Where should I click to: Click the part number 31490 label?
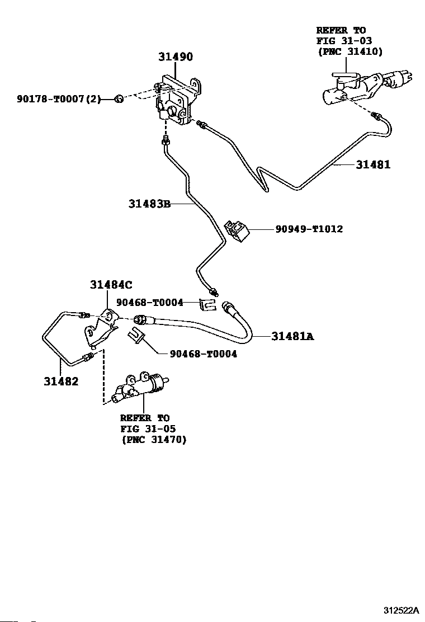pos(175,57)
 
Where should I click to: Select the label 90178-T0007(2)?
pos(58,100)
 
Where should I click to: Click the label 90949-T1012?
pos(309,229)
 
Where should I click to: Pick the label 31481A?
pos(292,336)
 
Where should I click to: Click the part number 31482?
pos(61,381)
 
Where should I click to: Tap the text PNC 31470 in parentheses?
pos(154,440)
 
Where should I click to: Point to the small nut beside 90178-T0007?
pos(118,100)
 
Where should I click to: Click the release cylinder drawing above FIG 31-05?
pos(140,387)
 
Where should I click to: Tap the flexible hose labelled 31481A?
pos(212,324)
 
